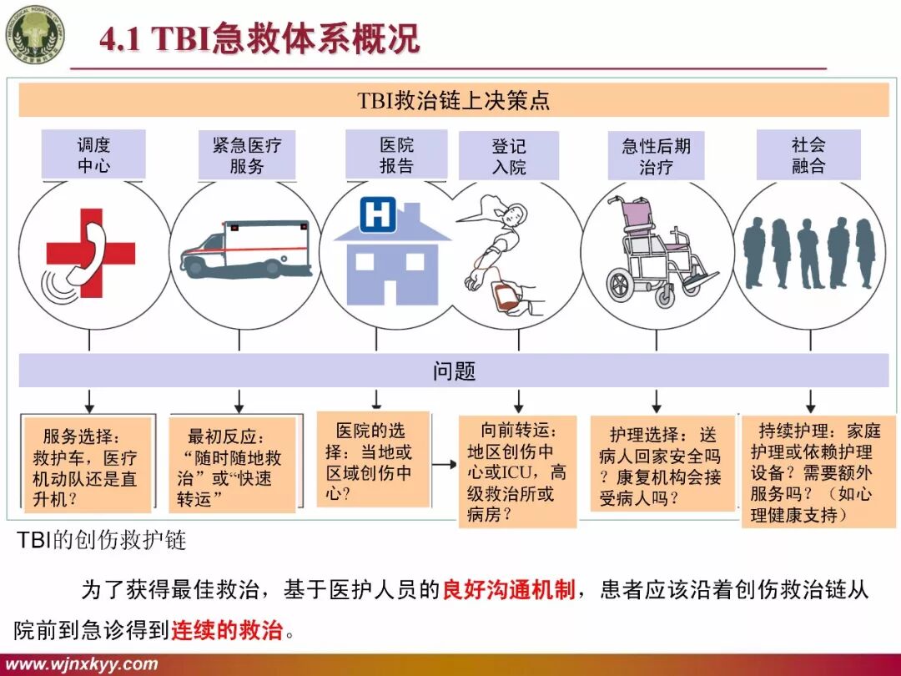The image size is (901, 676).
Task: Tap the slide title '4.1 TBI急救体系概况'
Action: pyautogui.click(x=259, y=39)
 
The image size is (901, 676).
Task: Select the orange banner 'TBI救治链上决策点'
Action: pyautogui.click(x=454, y=101)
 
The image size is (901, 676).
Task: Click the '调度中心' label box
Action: pyautogui.click(x=93, y=154)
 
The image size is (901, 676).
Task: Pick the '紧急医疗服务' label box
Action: pyautogui.click(x=247, y=155)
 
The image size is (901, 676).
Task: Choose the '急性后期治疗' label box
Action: pyautogui.click(x=656, y=155)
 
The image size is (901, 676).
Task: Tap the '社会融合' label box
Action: pyautogui.click(x=808, y=154)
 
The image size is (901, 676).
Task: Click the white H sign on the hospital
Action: pyautogui.click(x=378, y=216)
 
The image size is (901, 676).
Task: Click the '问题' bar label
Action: pyautogui.click(x=454, y=371)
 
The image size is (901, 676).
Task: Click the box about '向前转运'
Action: pyautogui.click(x=517, y=471)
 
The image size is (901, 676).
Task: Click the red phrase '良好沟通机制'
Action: pyautogui.click(x=508, y=591)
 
